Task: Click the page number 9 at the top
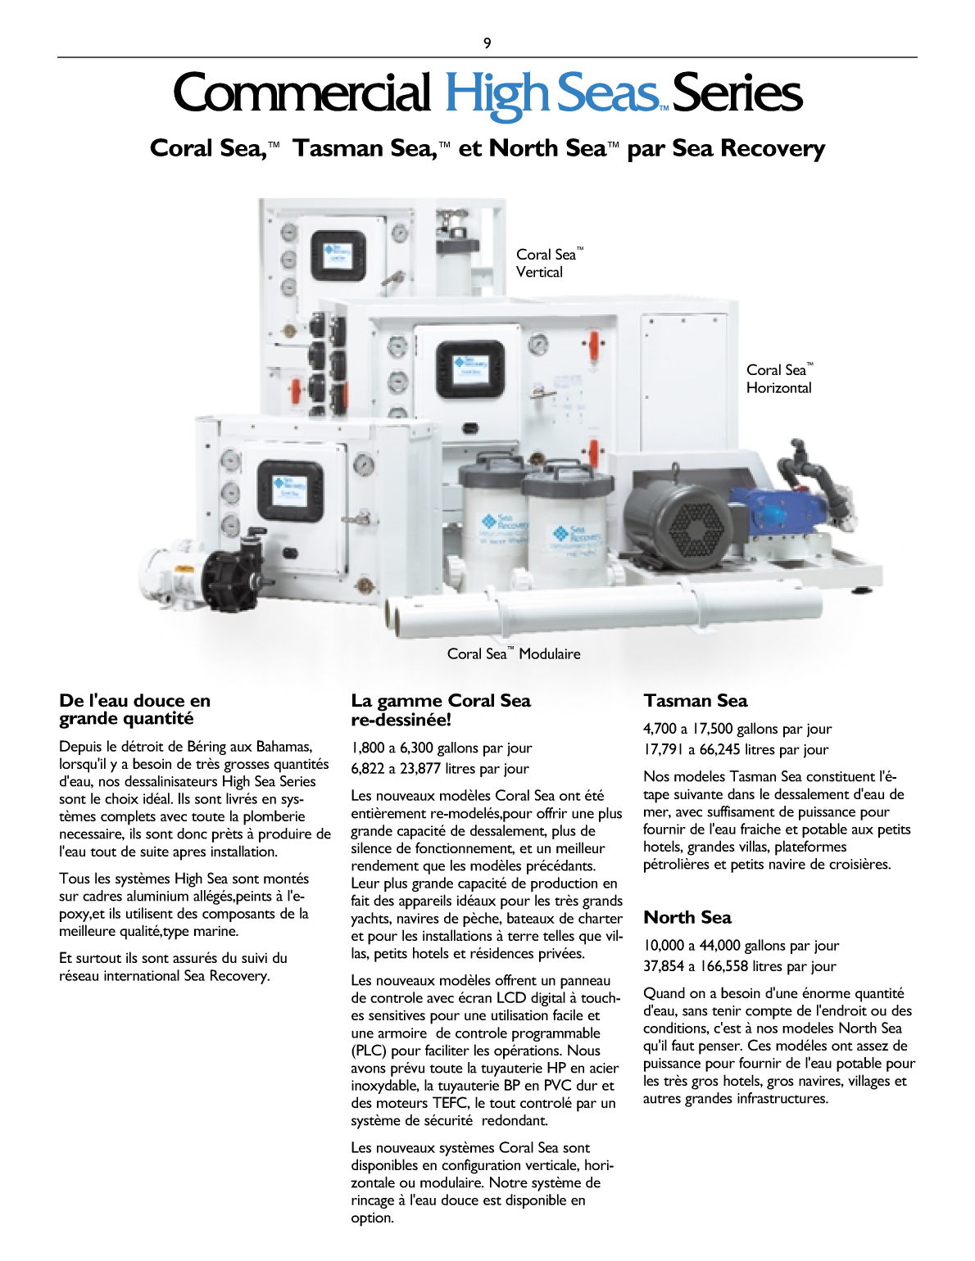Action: click(487, 43)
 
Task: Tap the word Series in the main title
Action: click(737, 93)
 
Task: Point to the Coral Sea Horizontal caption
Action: click(779, 379)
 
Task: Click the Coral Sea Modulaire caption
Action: click(514, 653)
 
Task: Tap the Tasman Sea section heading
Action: click(695, 701)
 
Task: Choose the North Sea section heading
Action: click(687, 918)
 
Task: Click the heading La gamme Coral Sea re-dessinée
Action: click(441, 710)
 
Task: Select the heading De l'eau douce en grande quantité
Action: click(134, 709)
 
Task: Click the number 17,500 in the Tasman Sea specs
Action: click(712, 729)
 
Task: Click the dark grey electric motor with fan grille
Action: click(679, 519)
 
